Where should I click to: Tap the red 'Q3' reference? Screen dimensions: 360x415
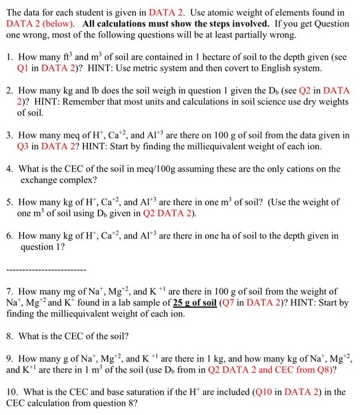(26, 146)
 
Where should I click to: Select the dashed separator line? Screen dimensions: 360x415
(46, 269)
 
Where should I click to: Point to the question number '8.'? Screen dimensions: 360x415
(9, 336)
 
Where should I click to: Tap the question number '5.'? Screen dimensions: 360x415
(9, 202)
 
